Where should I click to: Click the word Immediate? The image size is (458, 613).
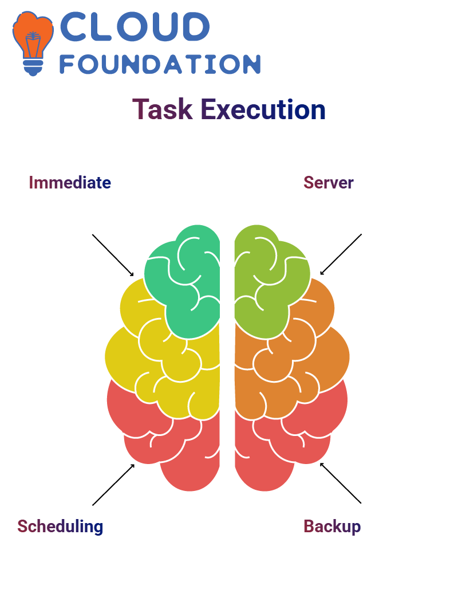coord(70,183)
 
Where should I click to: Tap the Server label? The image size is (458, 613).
coord(328,183)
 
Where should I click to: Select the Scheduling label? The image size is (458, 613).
coord(60,527)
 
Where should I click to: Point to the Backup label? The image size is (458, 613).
coord(332,527)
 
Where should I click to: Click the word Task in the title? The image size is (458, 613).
coord(163,109)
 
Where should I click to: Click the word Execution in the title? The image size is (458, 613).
coord(263,109)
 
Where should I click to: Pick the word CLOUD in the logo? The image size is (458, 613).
coord(135,26)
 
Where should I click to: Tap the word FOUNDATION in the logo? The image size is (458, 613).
coord(160,64)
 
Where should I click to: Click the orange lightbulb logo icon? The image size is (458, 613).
coord(33,43)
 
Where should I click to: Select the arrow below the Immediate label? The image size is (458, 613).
coord(113,256)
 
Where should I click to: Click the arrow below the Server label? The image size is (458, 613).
coord(341,254)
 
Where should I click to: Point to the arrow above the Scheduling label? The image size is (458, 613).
coord(113,485)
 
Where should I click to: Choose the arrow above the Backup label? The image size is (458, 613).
coord(341,483)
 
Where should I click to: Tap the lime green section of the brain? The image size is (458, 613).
coord(270,281)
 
